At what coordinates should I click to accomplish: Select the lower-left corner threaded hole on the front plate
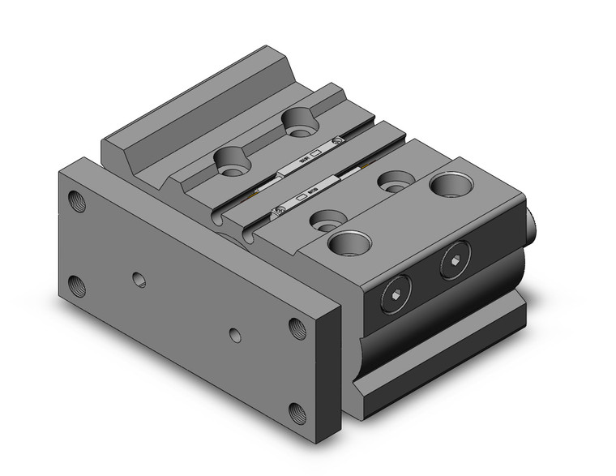[x=78, y=285]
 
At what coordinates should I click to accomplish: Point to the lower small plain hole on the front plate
[x=235, y=334]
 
